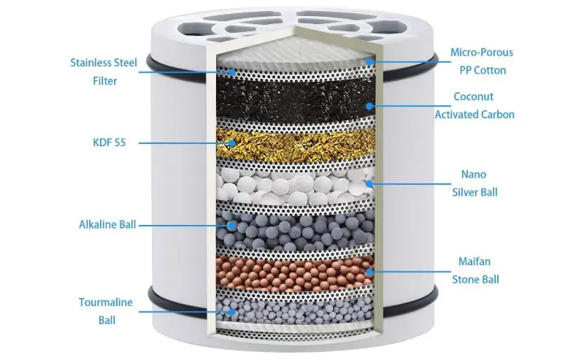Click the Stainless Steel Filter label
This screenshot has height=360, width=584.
pos(104,72)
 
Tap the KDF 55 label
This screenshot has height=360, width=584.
pos(109,142)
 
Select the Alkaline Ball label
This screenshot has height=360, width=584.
pos(107,225)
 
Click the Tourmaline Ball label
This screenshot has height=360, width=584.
pos(106,311)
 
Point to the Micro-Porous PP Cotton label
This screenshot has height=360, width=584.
pos(482,61)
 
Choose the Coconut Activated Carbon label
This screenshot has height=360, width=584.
pos(474,105)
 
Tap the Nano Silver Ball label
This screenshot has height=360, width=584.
pos(474,183)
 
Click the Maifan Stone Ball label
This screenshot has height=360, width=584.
pos(475,270)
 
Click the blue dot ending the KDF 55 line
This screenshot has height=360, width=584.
pos(232,142)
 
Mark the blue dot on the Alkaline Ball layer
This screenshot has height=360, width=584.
pos(232,226)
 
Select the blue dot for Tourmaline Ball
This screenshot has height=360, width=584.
pos(232,312)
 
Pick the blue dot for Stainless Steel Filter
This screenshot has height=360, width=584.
pos(232,72)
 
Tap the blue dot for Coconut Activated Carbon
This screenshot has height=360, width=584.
pos(369,106)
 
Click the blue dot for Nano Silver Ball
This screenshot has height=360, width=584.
pos(369,183)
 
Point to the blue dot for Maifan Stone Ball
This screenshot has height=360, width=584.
pos(369,272)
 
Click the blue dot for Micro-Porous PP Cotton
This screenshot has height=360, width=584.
pos(369,61)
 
